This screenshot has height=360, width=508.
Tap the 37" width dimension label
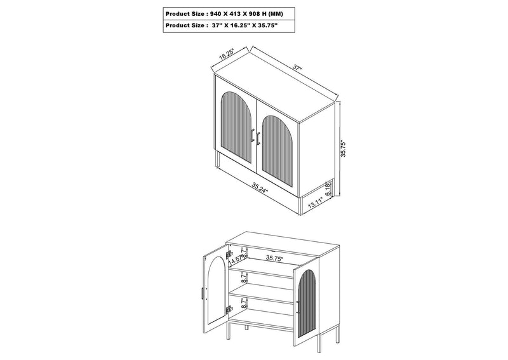(x=297, y=67)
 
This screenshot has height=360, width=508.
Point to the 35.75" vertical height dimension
(x=344, y=149)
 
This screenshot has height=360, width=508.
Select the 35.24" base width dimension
(x=260, y=188)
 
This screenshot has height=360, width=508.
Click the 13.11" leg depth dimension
(x=315, y=203)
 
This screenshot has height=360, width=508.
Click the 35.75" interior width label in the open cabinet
(x=274, y=258)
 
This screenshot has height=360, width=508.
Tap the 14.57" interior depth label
(x=235, y=259)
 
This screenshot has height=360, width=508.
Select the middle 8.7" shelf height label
(x=244, y=278)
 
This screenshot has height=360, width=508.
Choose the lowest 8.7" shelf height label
(x=244, y=303)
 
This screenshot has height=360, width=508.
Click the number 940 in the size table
(x=215, y=14)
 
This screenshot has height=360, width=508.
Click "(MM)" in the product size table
(x=276, y=14)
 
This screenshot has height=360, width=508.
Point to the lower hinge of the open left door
(x=229, y=309)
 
